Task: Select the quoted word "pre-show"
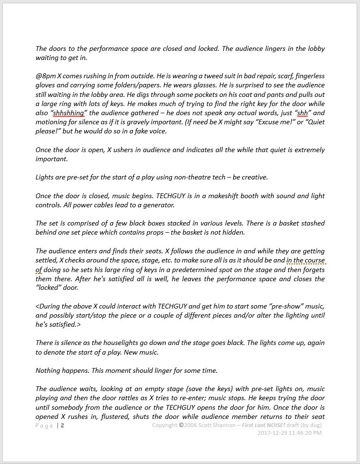[280, 306]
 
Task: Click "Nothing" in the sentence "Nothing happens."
[48, 370]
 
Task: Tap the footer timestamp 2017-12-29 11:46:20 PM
[289, 433]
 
